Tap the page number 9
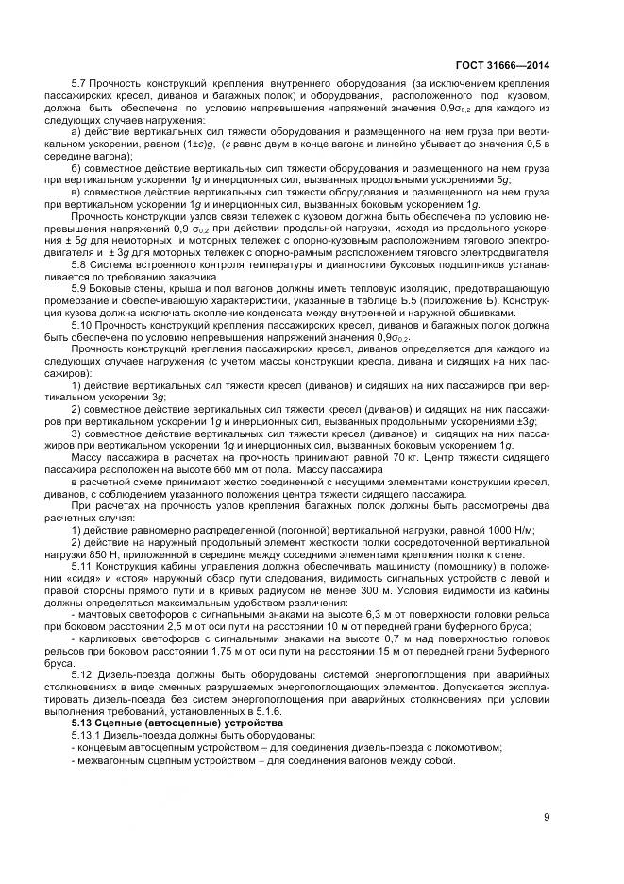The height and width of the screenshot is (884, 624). coord(547,818)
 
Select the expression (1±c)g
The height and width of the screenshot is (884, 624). coord(202,145)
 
